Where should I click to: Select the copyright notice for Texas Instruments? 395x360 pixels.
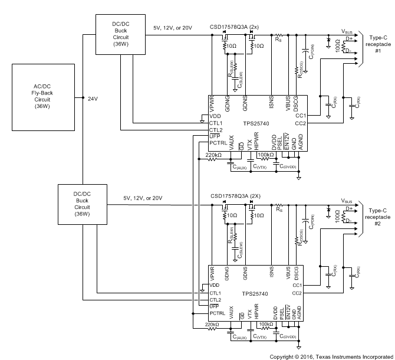pyautogui.click(x=331, y=356)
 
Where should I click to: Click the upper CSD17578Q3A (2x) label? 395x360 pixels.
pyautogui.click(x=234, y=27)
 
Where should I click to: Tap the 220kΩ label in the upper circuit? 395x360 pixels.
pyautogui.click(x=213, y=156)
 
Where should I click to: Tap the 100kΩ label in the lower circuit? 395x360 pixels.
pyautogui.click(x=266, y=323)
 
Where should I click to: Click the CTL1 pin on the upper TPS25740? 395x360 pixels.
pyautogui.click(x=216, y=123)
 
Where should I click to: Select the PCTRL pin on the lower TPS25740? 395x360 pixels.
pyautogui.click(x=218, y=315)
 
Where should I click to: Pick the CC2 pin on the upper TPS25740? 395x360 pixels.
pyautogui.click(x=300, y=123)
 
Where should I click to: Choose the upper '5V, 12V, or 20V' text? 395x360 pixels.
pyautogui.click(x=173, y=28)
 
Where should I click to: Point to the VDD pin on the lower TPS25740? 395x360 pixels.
pyautogui.click(x=215, y=286)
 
